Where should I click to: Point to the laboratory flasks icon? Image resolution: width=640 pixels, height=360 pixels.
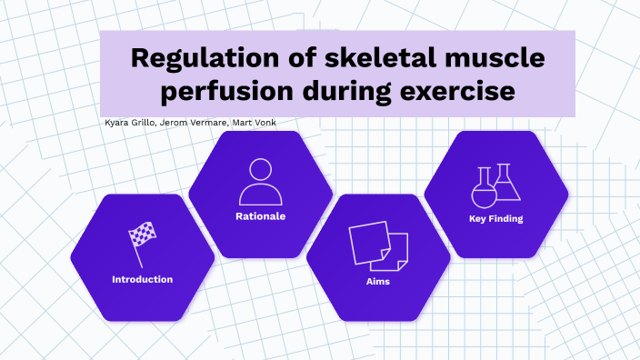(x=495, y=185)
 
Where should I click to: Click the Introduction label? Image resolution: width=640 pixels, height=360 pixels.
(x=142, y=279)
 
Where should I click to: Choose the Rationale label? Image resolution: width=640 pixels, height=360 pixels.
(x=261, y=216)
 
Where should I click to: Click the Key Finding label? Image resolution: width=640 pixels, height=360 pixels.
(x=495, y=218)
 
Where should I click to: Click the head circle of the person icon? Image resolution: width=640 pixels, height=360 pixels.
(x=261, y=169)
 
